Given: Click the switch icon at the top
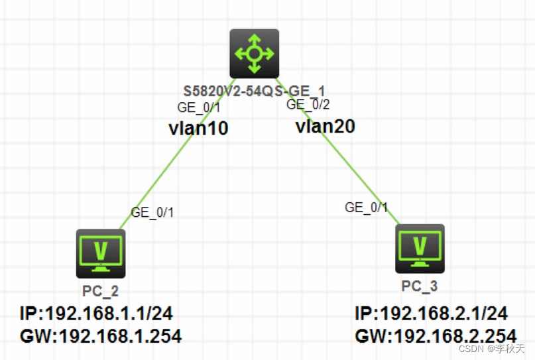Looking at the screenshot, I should (x=255, y=54).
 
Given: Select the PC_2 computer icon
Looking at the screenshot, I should (x=100, y=253).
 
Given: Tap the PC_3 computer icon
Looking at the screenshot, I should (x=420, y=249).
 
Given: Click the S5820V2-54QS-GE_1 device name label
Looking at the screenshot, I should (x=255, y=90).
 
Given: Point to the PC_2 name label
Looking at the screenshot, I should (x=101, y=290).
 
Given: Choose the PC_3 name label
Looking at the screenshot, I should (x=420, y=286).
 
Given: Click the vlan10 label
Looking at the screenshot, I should (x=199, y=129).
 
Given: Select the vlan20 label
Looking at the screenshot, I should (x=325, y=126).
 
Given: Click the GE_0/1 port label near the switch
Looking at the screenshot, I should (x=199, y=107).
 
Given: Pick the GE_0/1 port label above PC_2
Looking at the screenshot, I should (x=152, y=213).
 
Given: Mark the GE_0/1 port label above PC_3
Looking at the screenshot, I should (x=366, y=208).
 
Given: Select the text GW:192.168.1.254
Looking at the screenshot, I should (x=101, y=336).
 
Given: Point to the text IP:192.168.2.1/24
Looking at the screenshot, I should (x=432, y=314).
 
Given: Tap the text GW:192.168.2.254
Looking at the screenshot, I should (x=436, y=336).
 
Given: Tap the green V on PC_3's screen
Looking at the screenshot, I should (x=420, y=245).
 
